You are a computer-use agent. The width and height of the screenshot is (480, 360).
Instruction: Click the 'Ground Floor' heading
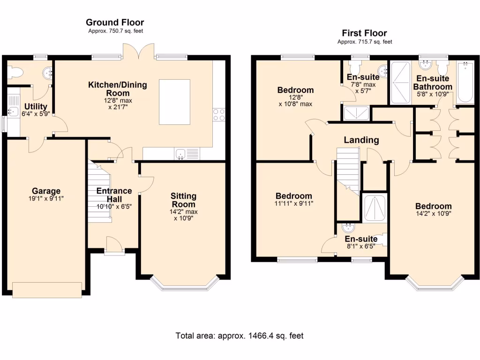tap(115, 22)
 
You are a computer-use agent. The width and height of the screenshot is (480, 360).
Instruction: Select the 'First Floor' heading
tap(364, 33)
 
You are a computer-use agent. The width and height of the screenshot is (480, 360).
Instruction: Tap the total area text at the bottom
tap(240, 336)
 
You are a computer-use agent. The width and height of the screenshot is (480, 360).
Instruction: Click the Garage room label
tap(46, 191)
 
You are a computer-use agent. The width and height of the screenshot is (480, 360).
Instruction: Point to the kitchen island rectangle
tap(174, 102)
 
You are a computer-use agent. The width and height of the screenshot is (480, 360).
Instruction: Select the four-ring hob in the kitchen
tap(219, 115)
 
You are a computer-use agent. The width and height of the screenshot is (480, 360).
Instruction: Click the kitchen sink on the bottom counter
tap(180, 153)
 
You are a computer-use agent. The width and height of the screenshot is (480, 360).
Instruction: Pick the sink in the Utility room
tap(13, 112)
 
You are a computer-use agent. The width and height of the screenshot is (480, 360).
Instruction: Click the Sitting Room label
tap(183, 196)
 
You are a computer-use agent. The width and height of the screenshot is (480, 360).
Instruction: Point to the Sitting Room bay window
tap(185, 284)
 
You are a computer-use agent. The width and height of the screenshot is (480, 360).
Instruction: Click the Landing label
tap(361, 140)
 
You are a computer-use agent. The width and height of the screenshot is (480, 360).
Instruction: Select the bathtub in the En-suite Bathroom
tap(465, 83)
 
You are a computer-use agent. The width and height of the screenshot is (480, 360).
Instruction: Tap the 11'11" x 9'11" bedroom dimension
tap(294, 203)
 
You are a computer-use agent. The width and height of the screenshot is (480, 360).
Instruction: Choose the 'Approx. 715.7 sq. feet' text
tap(364, 42)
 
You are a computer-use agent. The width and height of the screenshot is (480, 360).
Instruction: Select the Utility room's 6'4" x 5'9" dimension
tap(36, 113)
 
